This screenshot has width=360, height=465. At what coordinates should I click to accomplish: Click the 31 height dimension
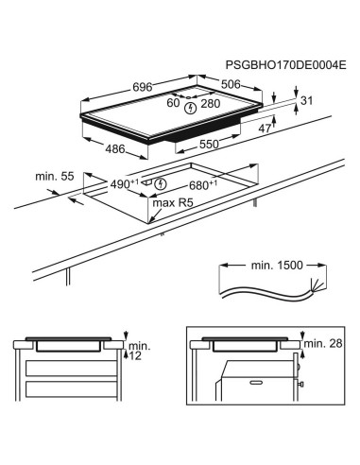304,101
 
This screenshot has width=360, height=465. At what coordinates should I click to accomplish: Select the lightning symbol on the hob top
193,108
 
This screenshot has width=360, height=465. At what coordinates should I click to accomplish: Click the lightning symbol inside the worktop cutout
162,183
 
